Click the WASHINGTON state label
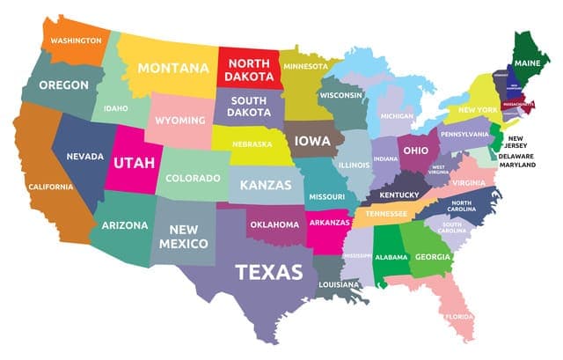[76, 40]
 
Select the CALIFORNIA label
[50, 187]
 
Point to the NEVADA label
[85, 157]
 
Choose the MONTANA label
[172, 68]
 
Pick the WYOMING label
[179, 120]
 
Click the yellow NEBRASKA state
[252, 144]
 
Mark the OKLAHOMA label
[274, 224]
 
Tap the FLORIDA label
[458, 316]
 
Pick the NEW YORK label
[478, 111]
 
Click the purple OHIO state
[415, 151]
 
